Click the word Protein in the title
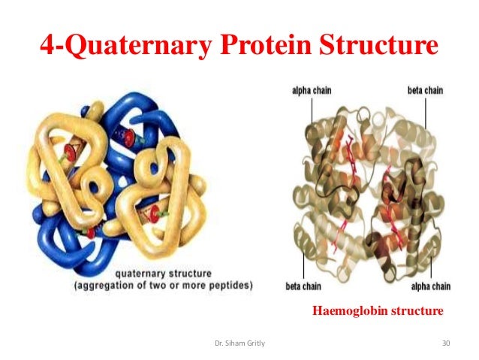pos(266,47)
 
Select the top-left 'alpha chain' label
pos(312,90)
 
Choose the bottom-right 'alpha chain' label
pos(430,286)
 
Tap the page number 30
pos(446,343)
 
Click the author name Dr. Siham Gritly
pos(240,343)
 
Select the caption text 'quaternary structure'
pos(164,274)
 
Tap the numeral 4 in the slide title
pos(47,47)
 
